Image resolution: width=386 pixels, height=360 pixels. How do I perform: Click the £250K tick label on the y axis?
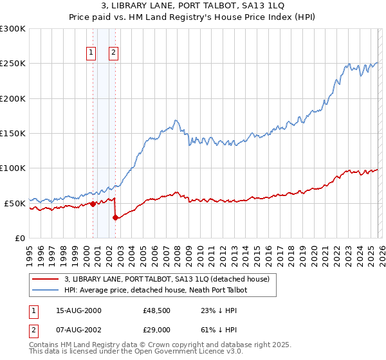coord(13,64)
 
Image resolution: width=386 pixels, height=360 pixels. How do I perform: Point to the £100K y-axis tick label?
coord(13,168)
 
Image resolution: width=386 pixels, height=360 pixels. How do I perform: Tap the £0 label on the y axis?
coord(20,238)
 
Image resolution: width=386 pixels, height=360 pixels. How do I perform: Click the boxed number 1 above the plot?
coord(91,53)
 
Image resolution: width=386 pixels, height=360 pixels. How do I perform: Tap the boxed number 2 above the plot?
coord(113,53)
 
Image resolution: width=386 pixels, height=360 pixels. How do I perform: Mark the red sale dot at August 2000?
coord(93,204)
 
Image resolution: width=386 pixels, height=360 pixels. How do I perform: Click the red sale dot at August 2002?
coord(115,217)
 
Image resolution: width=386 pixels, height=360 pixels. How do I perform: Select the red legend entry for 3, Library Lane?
coord(170,279)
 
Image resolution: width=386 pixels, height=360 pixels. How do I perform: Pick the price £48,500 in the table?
coord(158,310)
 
